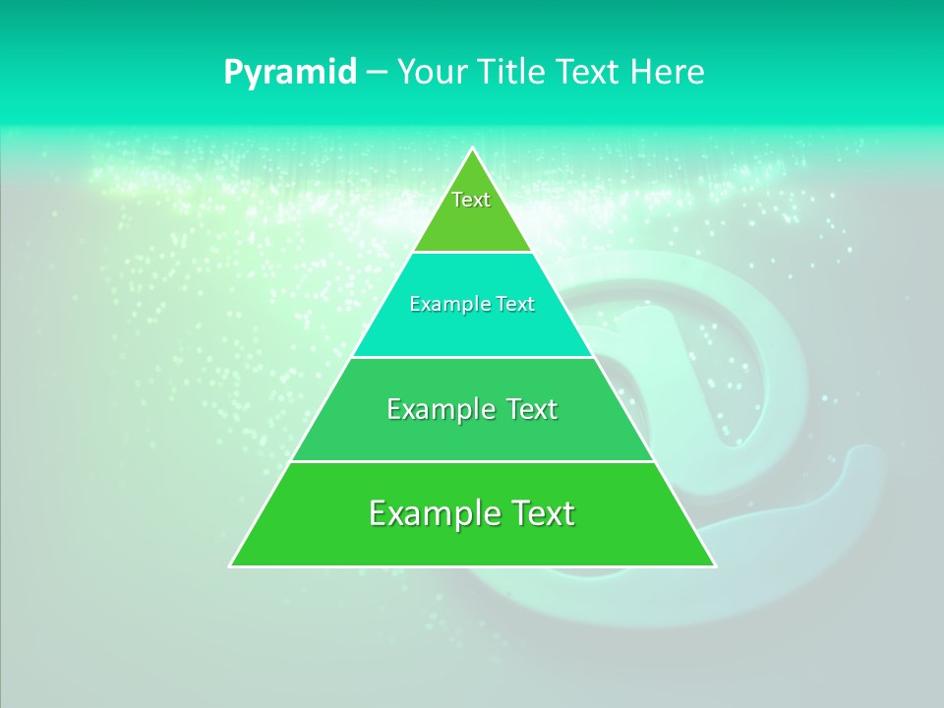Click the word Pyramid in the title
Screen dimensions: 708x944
pyautogui.click(x=290, y=73)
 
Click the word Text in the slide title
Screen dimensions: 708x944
pyautogui.click(x=588, y=73)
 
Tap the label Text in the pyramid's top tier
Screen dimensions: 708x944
pyautogui.click(x=471, y=200)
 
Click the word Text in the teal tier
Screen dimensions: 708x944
pyautogui.click(x=513, y=305)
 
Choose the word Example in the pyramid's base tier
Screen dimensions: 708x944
pyautogui.click(x=430, y=513)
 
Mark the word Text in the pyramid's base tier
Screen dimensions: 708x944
pyautogui.click(x=537, y=513)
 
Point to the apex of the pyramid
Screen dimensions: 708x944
pyautogui.click(x=472, y=149)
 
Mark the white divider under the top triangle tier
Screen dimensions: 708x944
pyautogui.click(x=472, y=253)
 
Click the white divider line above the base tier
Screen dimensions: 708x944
pyautogui.click(x=472, y=461)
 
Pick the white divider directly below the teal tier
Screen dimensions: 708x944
pyautogui.click(x=472, y=357)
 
